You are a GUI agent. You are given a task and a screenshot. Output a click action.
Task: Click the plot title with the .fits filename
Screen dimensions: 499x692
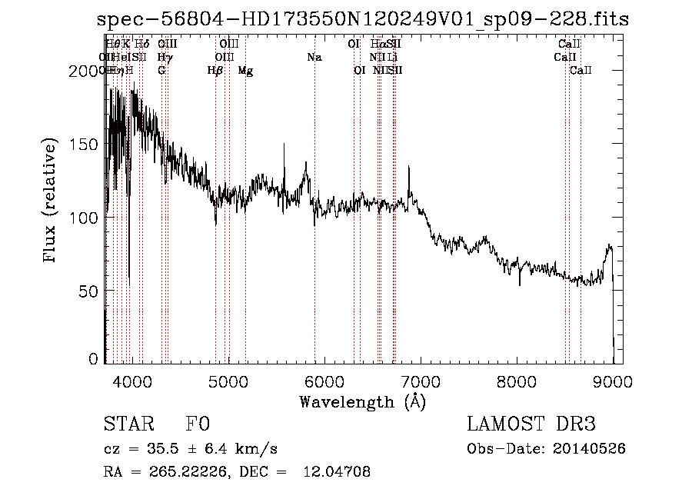[x=363, y=19]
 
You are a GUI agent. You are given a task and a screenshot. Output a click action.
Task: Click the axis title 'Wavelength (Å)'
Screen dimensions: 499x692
[x=363, y=401]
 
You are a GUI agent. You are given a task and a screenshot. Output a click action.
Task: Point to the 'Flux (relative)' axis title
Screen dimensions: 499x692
[x=52, y=201]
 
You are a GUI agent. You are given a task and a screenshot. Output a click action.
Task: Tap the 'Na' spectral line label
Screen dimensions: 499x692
[x=314, y=57]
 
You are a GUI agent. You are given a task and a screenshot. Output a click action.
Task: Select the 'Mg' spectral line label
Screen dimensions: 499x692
[x=245, y=71]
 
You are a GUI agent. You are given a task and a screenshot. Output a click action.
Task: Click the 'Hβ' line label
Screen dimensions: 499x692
[x=215, y=71]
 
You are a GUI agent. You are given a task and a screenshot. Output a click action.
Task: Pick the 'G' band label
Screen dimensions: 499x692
[x=161, y=71]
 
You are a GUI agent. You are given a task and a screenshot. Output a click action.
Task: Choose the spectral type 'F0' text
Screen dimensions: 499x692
[x=198, y=424]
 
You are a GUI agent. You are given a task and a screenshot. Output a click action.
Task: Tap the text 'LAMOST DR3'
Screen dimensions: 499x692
[x=531, y=424]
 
